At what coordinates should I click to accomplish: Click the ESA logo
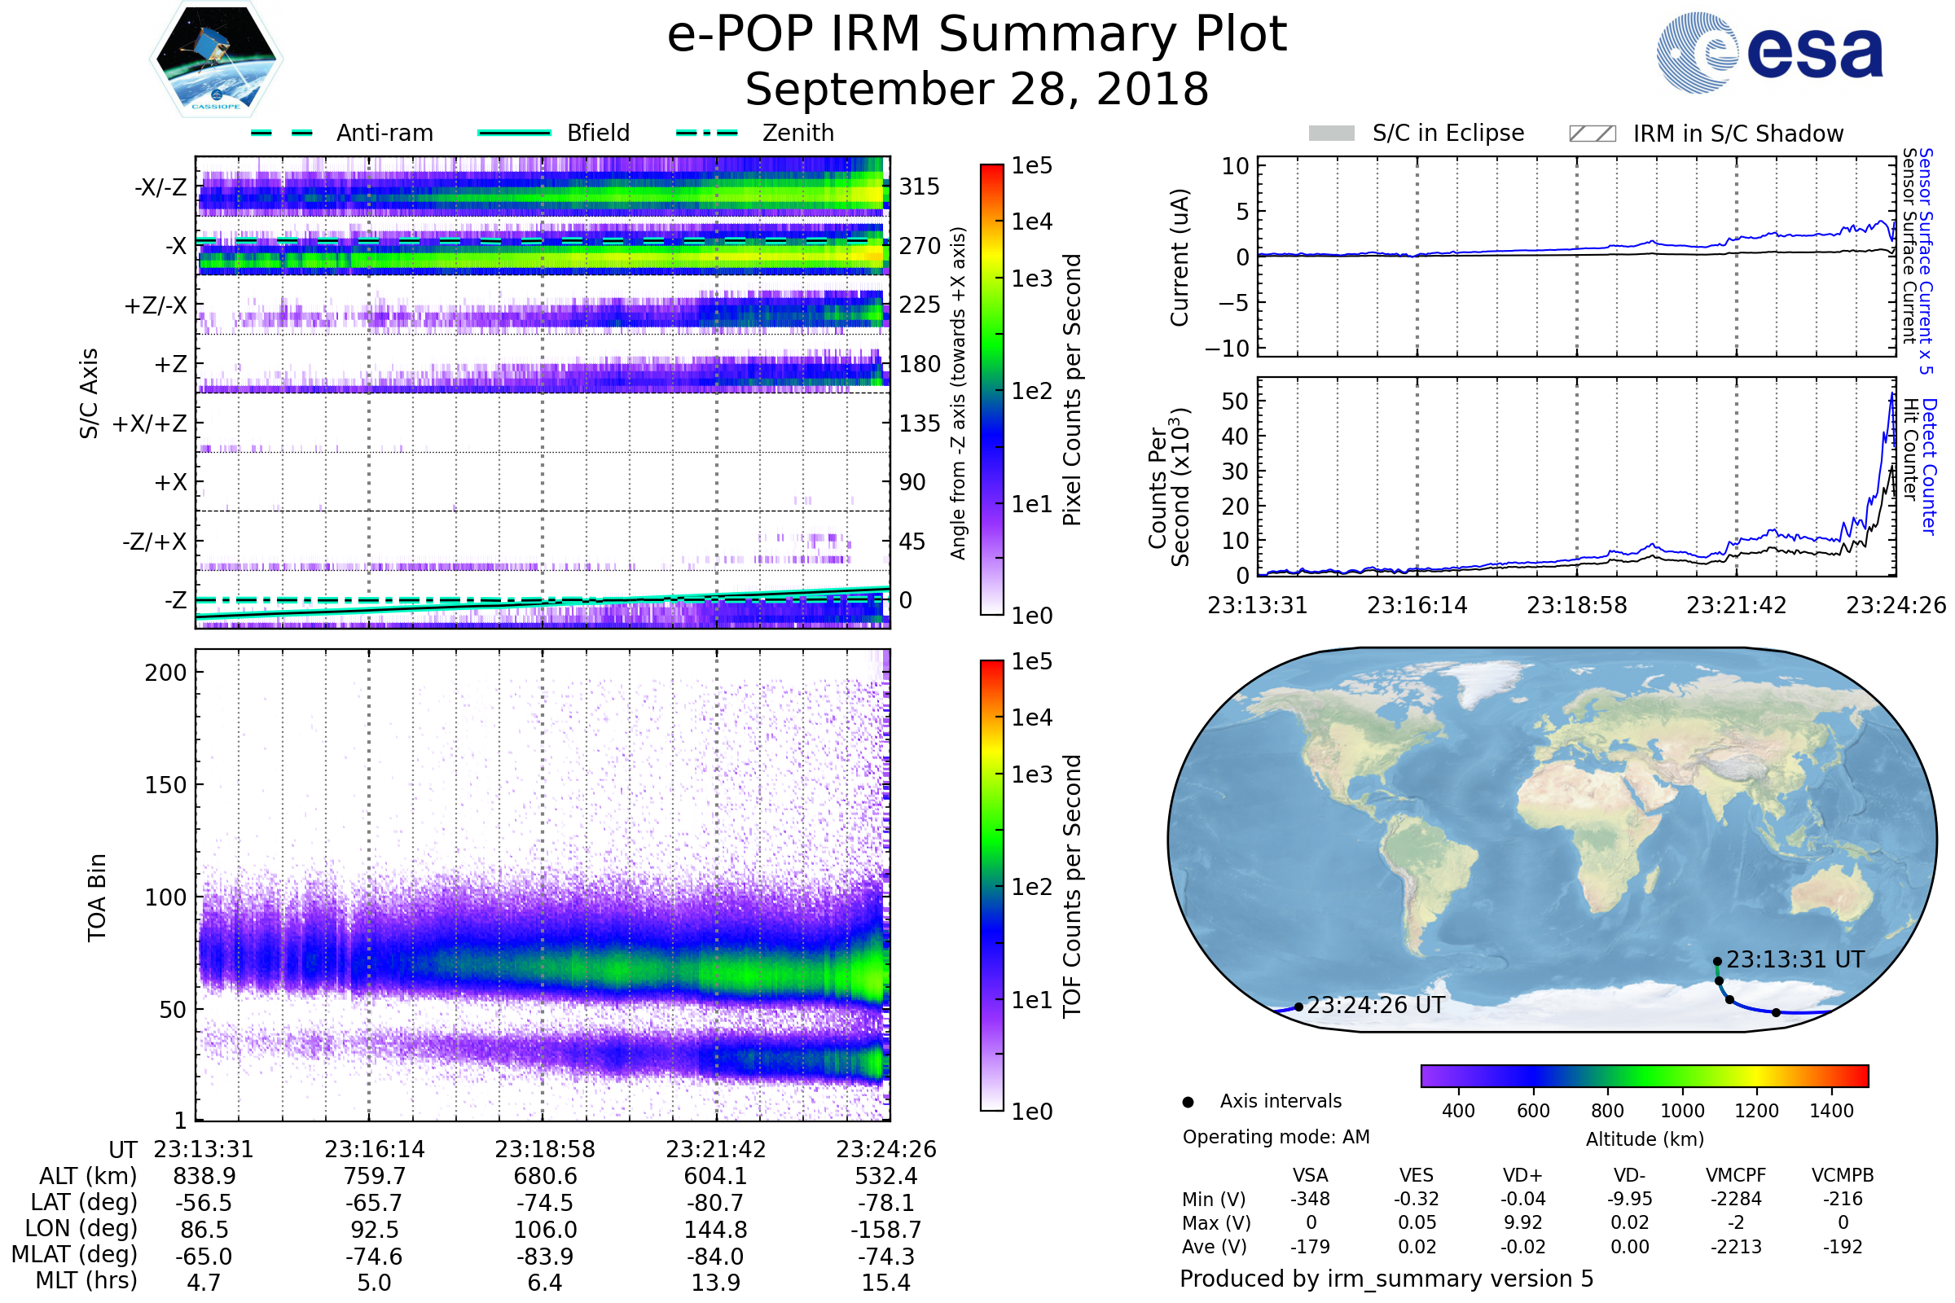pyautogui.click(x=1769, y=52)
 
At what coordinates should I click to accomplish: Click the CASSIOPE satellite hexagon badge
pyautogui.click(x=216, y=59)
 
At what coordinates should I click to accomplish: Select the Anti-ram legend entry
pyautogui.click(x=384, y=133)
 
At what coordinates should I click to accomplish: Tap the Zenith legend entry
pyautogui.click(x=797, y=133)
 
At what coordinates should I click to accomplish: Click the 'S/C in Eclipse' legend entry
pyautogui.click(x=1448, y=133)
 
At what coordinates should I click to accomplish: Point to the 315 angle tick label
pyautogui.click(x=919, y=186)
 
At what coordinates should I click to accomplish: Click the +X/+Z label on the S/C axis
pyautogui.click(x=150, y=423)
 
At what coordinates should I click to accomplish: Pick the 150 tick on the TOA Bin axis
pyautogui.click(x=165, y=785)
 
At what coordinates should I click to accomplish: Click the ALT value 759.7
pyautogui.click(x=374, y=1176)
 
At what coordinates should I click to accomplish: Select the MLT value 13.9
pyautogui.click(x=716, y=1282)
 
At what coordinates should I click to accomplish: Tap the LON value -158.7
pyautogui.click(x=885, y=1229)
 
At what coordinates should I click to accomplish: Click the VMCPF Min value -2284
pyautogui.click(x=1736, y=1198)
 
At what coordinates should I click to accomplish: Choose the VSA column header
pyautogui.click(x=1310, y=1175)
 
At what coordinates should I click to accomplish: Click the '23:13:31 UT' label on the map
pyautogui.click(x=1795, y=960)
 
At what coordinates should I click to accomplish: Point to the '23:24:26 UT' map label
pyautogui.click(x=1375, y=1006)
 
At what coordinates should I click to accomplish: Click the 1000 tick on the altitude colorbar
pyautogui.click(x=1681, y=1110)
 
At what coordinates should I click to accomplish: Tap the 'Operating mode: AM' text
pyautogui.click(x=1276, y=1137)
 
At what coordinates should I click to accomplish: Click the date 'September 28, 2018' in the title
pyautogui.click(x=977, y=89)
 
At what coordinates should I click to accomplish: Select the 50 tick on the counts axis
pyautogui.click(x=1234, y=401)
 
